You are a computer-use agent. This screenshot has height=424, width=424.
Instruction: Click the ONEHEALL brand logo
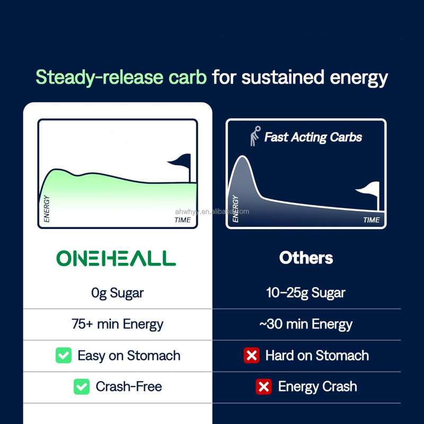[x=116, y=258]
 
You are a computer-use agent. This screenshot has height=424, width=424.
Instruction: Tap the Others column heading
[x=306, y=258]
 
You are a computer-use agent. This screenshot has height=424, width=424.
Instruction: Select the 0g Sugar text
[x=117, y=293]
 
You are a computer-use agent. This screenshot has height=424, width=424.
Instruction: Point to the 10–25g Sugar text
[x=306, y=293]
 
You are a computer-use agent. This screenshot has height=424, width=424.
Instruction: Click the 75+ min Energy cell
[x=117, y=324]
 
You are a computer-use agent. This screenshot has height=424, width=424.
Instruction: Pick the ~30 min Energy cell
[x=306, y=324]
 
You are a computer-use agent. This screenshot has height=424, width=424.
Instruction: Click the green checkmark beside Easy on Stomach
[x=64, y=355]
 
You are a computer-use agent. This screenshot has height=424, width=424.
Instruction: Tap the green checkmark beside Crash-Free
[x=82, y=386]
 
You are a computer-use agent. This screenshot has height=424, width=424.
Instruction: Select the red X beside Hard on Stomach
[x=251, y=355]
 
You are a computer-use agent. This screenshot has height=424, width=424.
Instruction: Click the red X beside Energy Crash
[x=263, y=386]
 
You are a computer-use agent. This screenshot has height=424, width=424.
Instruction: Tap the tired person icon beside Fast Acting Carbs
[x=255, y=136]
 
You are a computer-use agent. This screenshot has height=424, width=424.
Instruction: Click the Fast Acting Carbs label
[x=313, y=137]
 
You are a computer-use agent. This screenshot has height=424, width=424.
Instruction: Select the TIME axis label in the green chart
[x=183, y=219]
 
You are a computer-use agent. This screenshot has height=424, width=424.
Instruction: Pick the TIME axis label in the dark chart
[x=372, y=219]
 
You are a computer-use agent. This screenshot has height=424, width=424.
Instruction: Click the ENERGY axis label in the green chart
[x=47, y=209]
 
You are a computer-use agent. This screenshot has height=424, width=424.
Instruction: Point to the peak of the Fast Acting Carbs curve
[x=242, y=157]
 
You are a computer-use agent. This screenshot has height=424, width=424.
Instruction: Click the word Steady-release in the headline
[x=121, y=77]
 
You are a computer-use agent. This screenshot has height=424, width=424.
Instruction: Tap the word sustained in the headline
[x=282, y=77]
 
